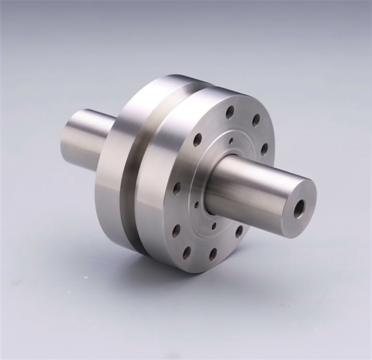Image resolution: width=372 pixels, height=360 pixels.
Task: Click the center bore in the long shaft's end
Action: (x=299, y=209)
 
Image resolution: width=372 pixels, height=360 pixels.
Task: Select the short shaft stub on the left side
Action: (x=84, y=140)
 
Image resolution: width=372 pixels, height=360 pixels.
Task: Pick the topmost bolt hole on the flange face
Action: (x=230, y=112)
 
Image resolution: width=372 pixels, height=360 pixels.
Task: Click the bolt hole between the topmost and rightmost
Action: (x=255, y=120)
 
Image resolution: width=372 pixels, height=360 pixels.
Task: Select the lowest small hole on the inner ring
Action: (x=214, y=226)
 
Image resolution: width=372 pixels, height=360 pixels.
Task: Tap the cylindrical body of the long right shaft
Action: (x=260, y=186)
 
